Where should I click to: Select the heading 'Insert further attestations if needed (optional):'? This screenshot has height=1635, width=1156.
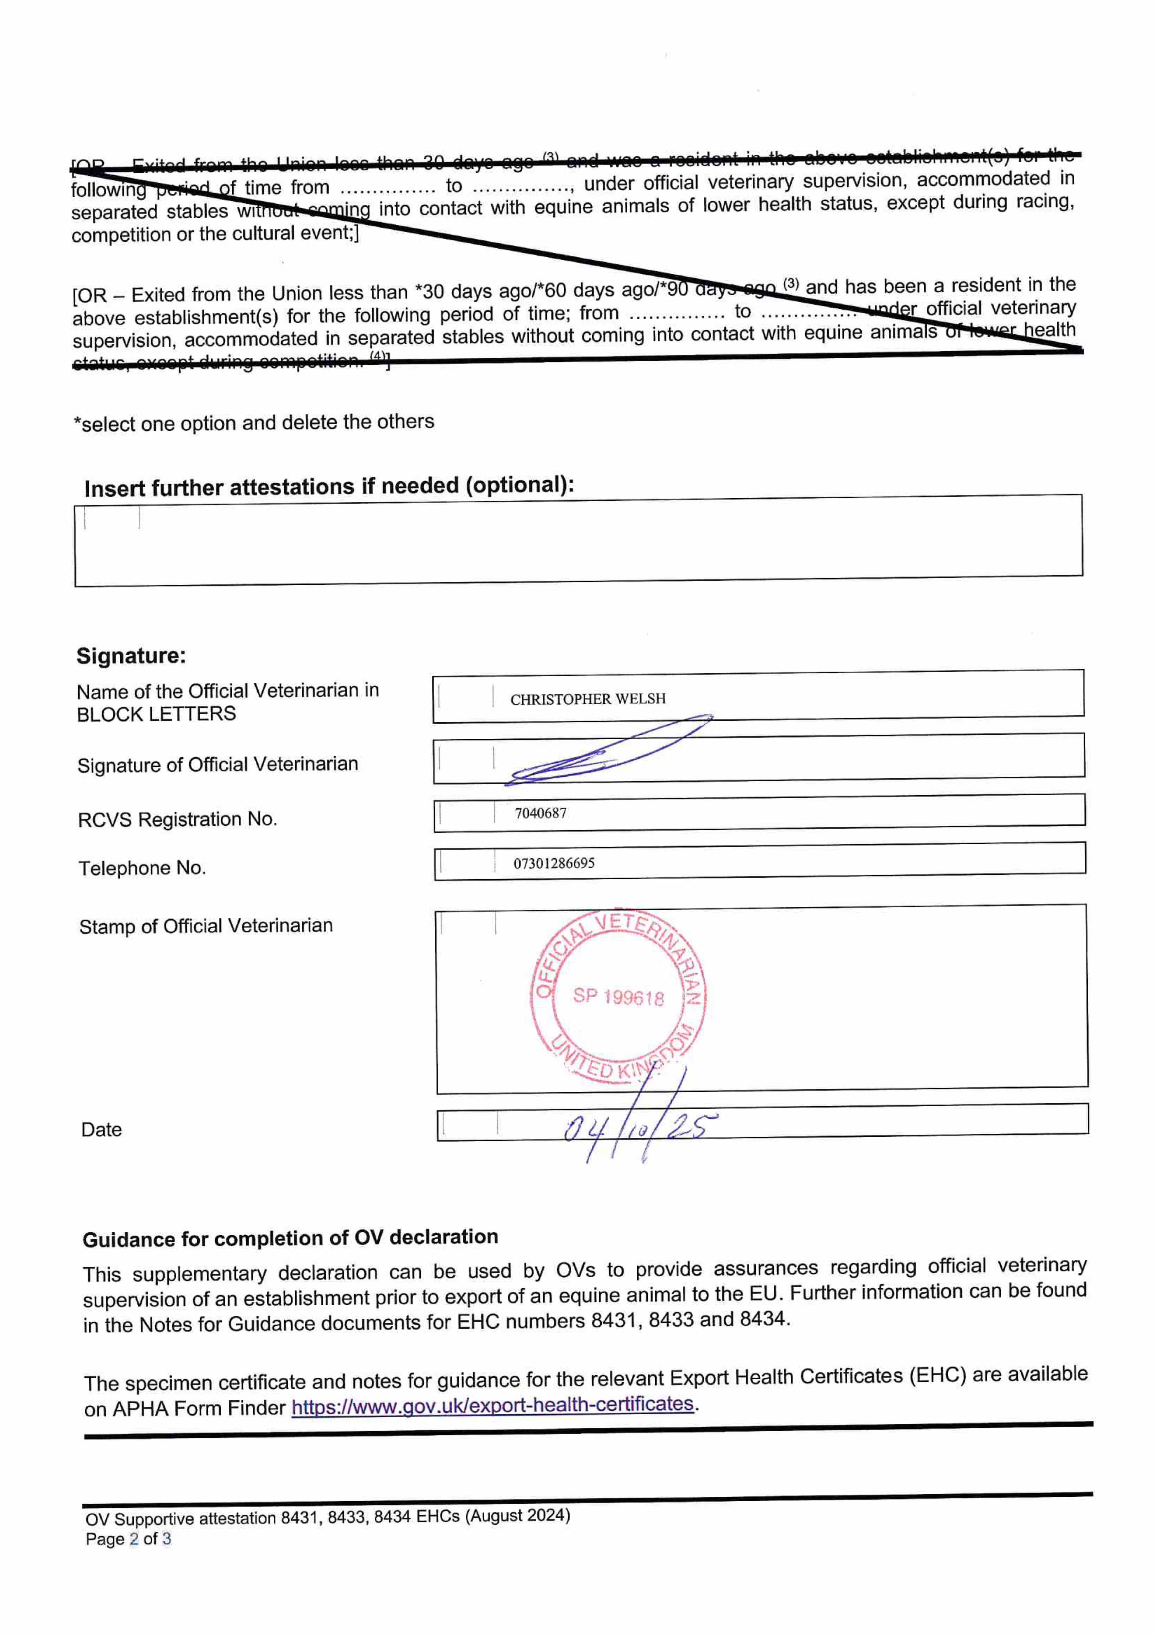(329, 486)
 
